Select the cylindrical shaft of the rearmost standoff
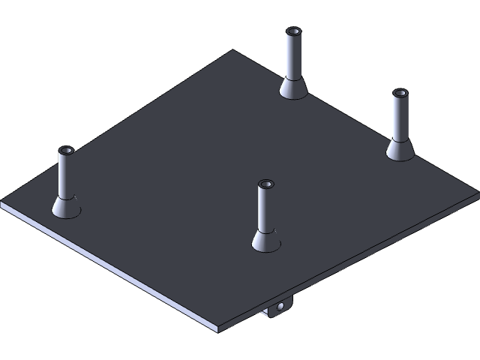(292, 56)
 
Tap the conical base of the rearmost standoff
(292, 88)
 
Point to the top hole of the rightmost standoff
(400, 94)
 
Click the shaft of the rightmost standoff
(400, 118)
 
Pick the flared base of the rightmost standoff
(400, 149)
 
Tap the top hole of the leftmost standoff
(66, 151)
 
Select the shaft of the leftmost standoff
(66, 175)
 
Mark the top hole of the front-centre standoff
(265, 184)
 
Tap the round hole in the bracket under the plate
(280, 306)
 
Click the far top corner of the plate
(233, 51)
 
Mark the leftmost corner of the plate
(2, 204)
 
